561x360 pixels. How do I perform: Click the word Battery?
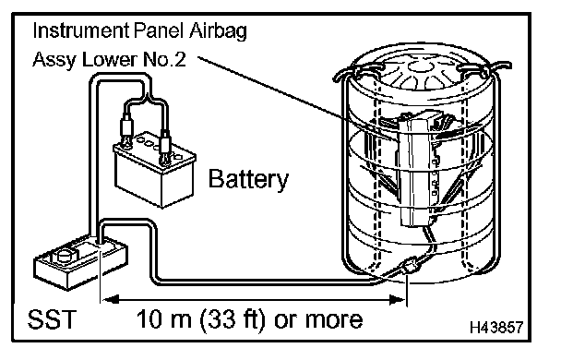pos(248,179)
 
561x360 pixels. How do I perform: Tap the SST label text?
pos(53,318)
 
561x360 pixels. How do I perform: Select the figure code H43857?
pos(496,327)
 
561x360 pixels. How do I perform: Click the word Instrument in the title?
pos(81,30)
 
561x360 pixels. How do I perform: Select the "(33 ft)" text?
pos(233,319)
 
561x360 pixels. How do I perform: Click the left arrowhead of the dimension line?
pos(110,299)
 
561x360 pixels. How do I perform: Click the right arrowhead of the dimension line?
pos(398,299)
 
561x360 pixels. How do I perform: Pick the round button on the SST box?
pos(65,255)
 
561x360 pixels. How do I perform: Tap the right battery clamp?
pos(165,148)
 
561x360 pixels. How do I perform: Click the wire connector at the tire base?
pos(409,267)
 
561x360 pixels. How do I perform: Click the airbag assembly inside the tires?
pos(415,168)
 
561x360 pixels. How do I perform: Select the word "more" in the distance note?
pos(334,319)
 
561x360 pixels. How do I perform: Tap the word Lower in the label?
pos(111,59)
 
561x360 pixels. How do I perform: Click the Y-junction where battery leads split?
pos(147,97)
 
